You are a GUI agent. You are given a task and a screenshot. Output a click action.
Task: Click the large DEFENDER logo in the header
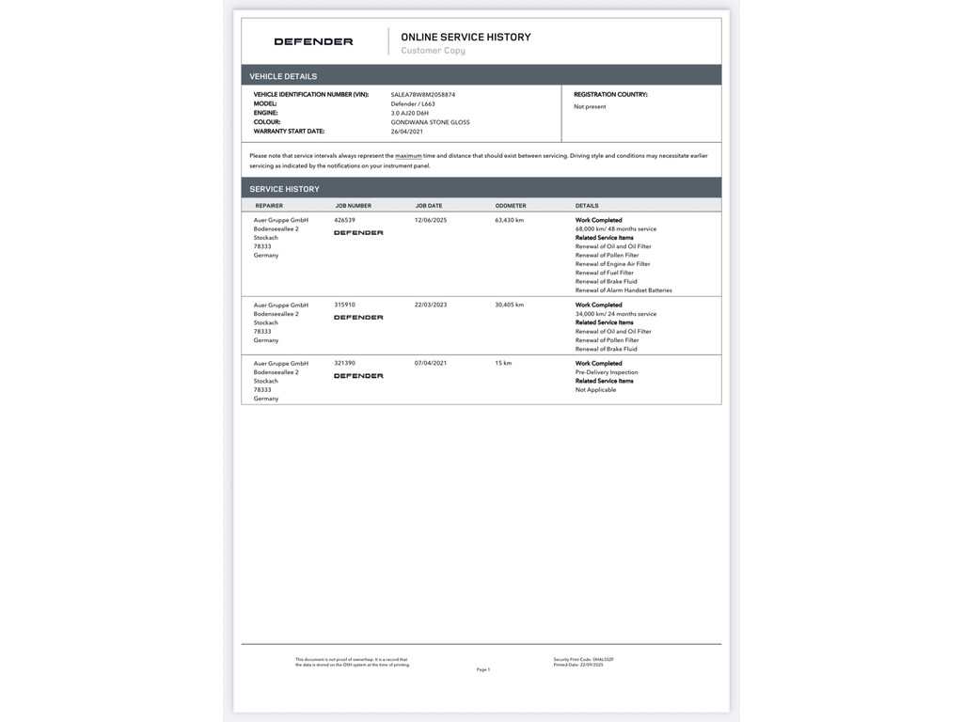313,41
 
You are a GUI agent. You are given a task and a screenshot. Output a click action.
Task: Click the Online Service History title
466,37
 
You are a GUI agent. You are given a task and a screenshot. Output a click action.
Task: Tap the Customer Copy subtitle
433,51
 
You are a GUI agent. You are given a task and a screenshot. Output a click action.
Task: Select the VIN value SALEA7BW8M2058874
422,95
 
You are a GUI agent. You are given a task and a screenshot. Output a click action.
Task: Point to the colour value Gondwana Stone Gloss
430,122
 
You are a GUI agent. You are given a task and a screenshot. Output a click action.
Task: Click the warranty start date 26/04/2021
407,132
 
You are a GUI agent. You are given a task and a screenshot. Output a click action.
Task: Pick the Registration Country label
610,95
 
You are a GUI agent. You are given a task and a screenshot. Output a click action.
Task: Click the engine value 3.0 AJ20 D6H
410,113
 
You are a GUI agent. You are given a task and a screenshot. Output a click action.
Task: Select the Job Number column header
353,205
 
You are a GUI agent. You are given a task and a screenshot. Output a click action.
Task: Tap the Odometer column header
511,205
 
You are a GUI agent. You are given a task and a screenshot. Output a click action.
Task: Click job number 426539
345,220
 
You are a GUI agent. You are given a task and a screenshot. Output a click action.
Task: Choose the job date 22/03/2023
431,305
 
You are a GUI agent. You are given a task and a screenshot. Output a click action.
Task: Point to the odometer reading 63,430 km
509,220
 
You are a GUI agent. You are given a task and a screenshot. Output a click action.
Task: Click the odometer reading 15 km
503,363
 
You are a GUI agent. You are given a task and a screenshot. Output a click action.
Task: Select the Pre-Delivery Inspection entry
607,372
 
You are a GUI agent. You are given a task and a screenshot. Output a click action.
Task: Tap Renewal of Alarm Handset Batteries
624,290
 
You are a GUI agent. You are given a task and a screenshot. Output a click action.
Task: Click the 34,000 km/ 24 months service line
616,314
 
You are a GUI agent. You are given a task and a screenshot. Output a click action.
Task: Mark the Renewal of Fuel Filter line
605,273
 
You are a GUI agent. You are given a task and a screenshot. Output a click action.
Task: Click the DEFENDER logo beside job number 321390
358,376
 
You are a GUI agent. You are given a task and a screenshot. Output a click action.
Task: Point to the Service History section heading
284,189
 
